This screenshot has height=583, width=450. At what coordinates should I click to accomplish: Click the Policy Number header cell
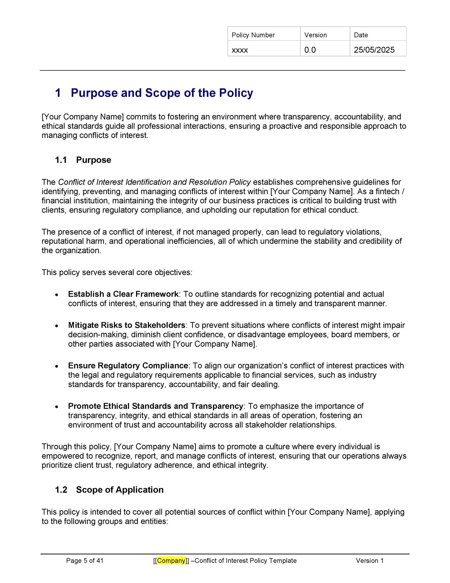253,35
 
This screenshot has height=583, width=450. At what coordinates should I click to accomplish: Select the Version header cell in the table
315,35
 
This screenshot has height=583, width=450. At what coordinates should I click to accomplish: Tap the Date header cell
361,35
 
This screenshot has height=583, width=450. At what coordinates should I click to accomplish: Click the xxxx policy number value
240,50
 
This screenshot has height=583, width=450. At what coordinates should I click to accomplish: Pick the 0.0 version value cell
310,50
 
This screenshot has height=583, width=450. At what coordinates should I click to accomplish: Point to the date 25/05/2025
374,50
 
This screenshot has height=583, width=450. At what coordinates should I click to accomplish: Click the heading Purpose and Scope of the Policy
162,93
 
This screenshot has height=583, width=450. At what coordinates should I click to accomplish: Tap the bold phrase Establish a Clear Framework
123,294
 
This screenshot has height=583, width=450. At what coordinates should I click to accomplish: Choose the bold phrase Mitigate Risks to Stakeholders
127,325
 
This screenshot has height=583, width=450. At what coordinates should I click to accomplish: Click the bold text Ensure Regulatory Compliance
128,366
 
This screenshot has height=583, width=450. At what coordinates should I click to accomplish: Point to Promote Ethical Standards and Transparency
156,406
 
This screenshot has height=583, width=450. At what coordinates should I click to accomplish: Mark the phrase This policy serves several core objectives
117,272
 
